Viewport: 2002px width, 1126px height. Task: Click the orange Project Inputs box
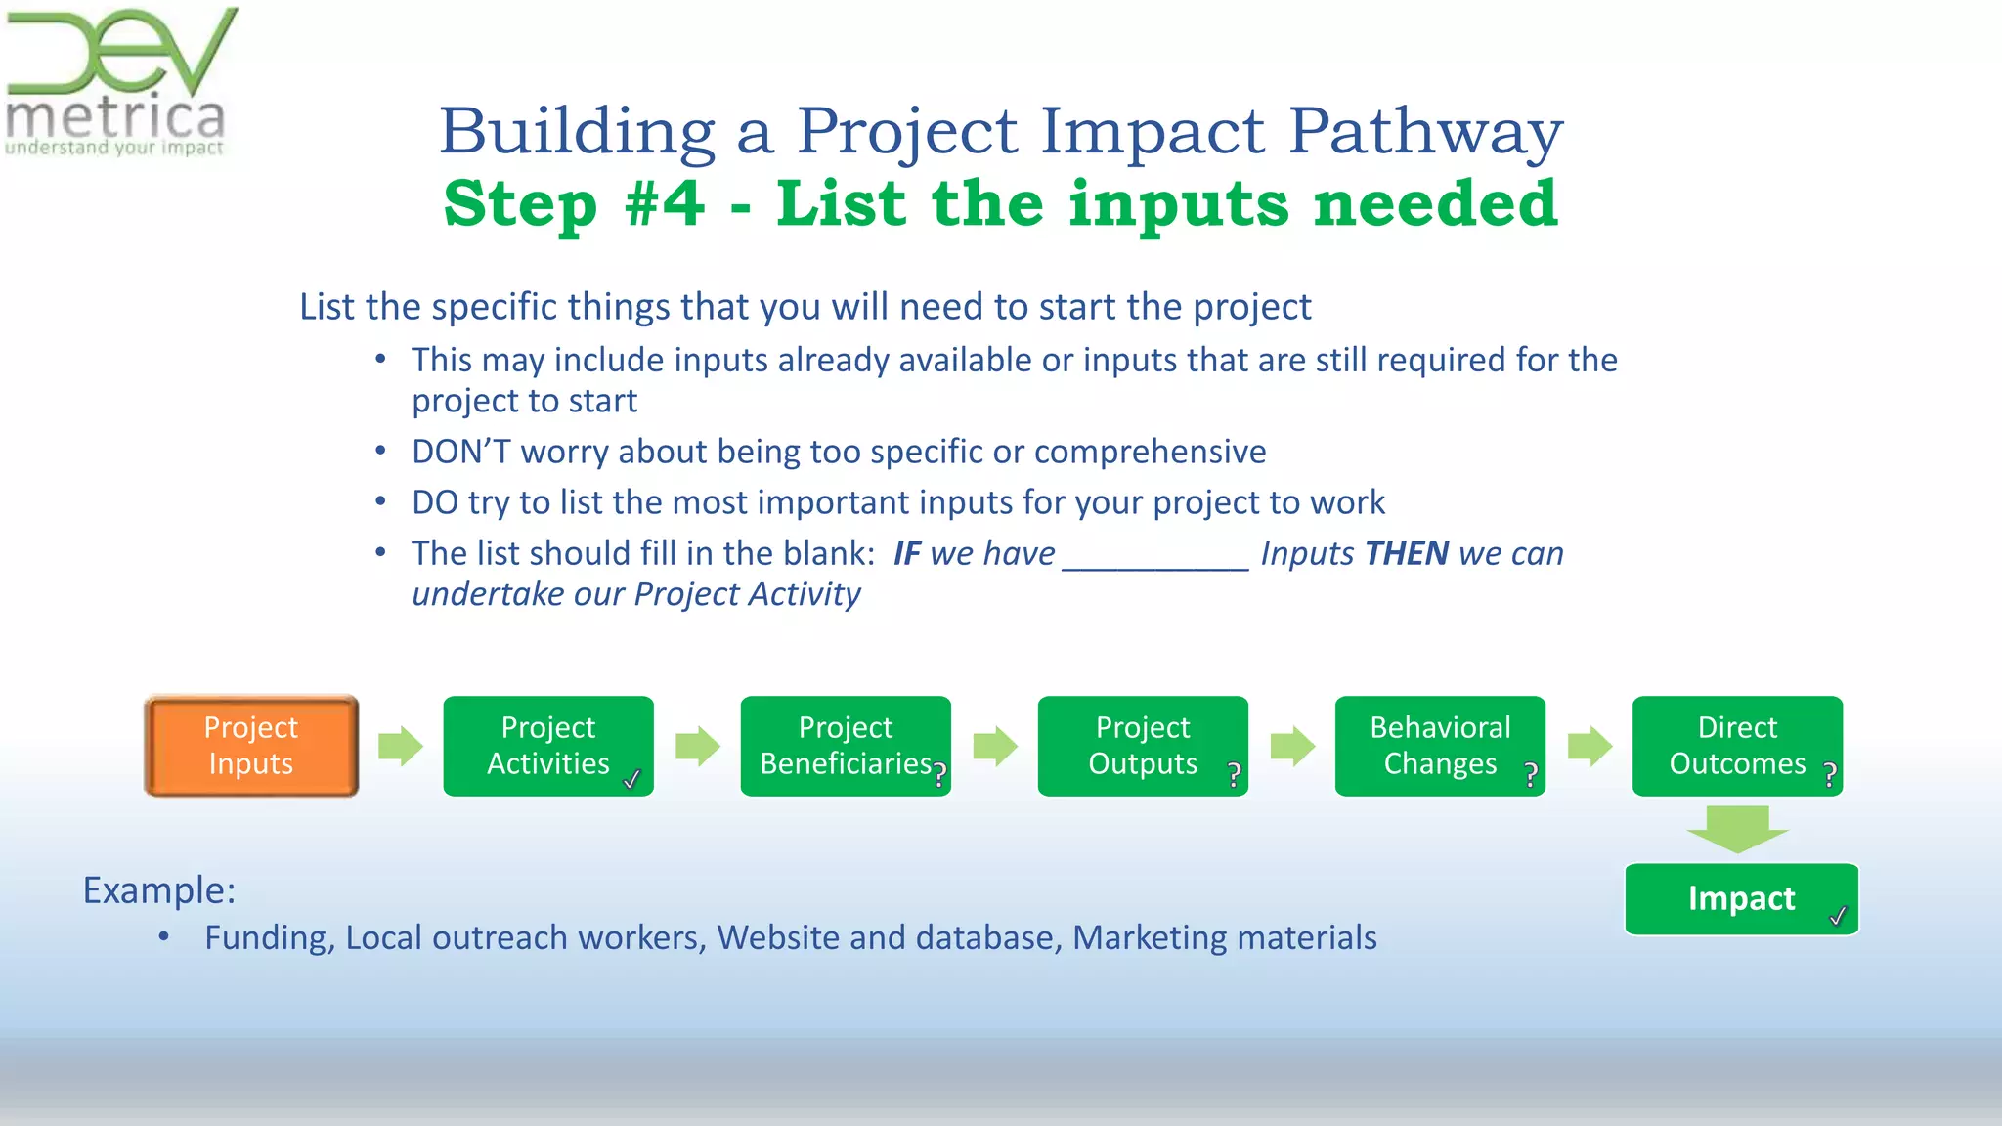(x=251, y=746)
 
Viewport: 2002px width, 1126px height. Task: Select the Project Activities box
(x=547, y=746)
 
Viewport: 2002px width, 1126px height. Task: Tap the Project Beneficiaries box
(x=845, y=746)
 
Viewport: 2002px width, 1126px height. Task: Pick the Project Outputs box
(x=1142, y=746)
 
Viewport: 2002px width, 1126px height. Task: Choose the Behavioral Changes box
(x=1439, y=746)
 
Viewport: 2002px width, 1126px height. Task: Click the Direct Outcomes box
(x=1736, y=746)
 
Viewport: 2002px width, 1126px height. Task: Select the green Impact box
(x=1740, y=898)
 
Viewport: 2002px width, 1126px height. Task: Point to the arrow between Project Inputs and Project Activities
(x=400, y=746)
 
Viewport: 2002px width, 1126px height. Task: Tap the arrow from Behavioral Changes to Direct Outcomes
(x=1589, y=746)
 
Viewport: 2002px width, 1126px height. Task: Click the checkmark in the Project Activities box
(x=632, y=779)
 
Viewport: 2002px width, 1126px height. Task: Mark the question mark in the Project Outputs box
(x=1235, y=775)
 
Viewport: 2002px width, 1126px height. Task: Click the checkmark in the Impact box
(x=1838, y=916)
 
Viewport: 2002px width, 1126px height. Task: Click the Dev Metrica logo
(x=117, y=83)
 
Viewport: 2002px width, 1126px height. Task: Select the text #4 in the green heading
(x=664, y=203)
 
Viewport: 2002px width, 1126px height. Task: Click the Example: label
(x=159, y=890)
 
